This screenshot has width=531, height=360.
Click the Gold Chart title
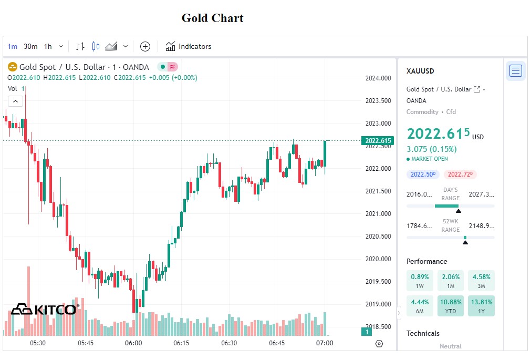pos(212,18)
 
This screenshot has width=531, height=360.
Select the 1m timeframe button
pos(12,46)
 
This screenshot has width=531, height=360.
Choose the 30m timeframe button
pos(30,46)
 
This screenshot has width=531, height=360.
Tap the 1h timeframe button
pos(48,46)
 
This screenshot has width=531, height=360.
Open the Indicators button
pos(189,46)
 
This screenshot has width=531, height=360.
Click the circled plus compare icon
pos(145,46)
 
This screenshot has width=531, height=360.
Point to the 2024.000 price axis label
pos(378,78)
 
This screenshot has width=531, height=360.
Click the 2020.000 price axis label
pos(378,259)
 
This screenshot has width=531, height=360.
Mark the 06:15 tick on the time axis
pos(181,343)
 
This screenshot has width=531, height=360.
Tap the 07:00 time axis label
pos(325,343)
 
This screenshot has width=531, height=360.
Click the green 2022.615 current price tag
pos(378,140)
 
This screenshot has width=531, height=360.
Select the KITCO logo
pos(45,309)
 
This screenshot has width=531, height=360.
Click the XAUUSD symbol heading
pos(420,71)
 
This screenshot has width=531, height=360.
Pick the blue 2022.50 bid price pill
pos(423,174)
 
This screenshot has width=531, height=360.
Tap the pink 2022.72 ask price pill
pos(460,174)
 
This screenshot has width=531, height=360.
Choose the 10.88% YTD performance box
pos(450,305)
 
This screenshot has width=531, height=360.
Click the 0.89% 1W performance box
pos(420,281)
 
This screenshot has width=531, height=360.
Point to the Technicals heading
pos(423,333)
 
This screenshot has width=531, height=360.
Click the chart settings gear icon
pos(379,344)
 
